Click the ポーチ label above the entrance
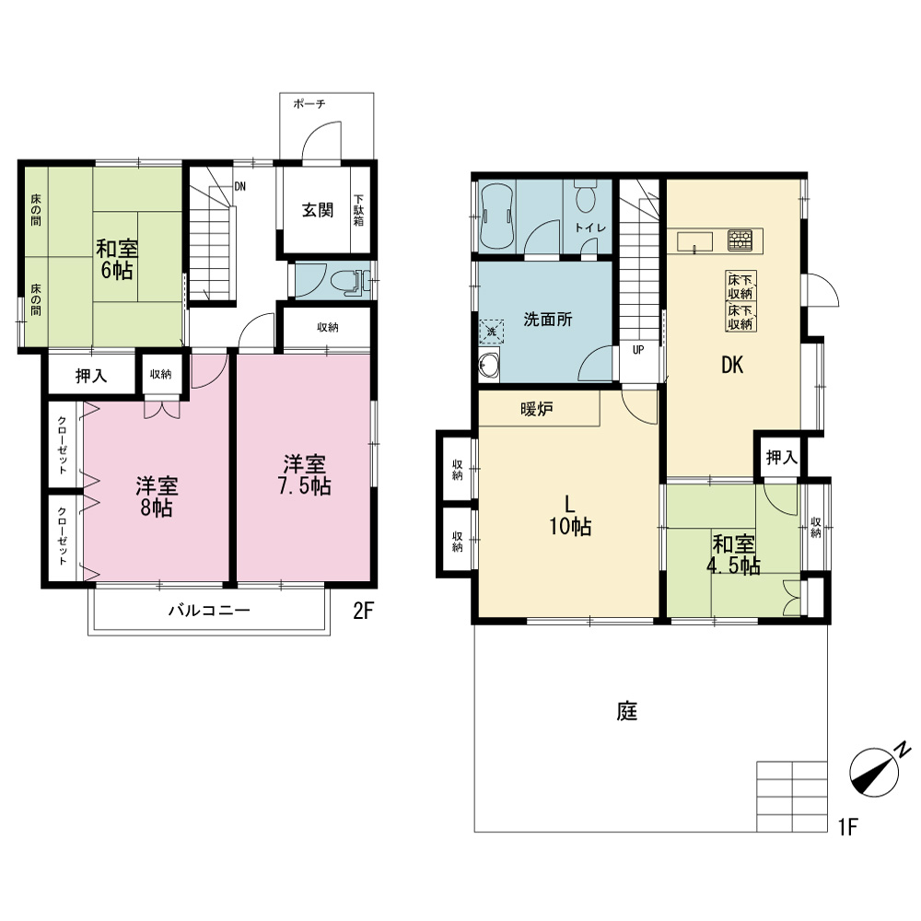(x=309, y=104)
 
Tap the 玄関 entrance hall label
(x=318, y=210)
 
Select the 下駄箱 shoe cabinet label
(x=359, y=210)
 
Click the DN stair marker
(x=239, y=187)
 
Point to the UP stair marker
(x=638, y=350)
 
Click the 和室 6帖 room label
(x=116, y=259)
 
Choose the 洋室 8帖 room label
(x=157, y=496)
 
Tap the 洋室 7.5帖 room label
(x=304, y=475)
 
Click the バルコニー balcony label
(x=210, y=611)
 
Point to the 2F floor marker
(x=364, y=612)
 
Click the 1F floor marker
(x=848, y=827)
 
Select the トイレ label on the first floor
(x=590, y=227)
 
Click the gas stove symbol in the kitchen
(x=740, y=240)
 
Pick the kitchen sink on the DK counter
(x=694, y=241)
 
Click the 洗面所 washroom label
(x=547, y=320)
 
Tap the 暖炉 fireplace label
(x=537, y=409)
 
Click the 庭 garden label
(x=627, y=711)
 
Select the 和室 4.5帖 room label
(x=734, y=555)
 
